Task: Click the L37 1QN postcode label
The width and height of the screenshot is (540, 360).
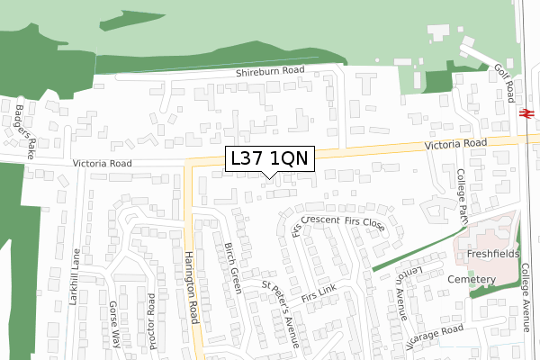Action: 270,158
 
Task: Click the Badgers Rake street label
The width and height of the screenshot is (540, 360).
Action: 24,126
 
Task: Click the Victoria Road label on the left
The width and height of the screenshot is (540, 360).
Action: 102,164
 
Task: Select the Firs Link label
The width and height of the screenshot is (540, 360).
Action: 319,294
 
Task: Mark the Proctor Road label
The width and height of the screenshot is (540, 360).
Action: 151,321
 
